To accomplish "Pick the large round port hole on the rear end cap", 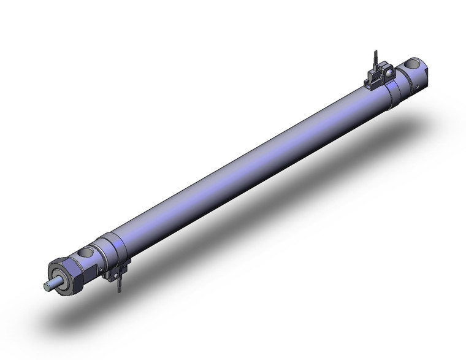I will point(411,64).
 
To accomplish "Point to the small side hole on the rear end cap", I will point(419,93).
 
